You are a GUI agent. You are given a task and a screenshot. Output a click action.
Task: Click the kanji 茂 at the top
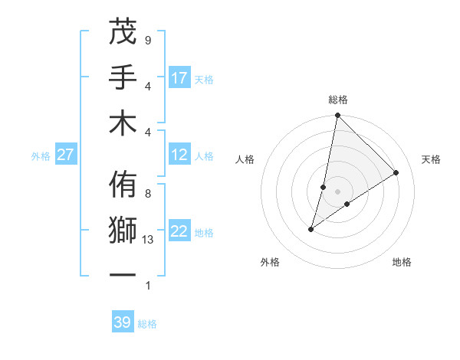pyautogui.click(x=122, y=33)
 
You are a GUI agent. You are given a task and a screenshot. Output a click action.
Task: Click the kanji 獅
pyautogui.click(x=122, y=230)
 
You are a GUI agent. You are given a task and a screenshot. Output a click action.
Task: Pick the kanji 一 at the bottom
pyautogui.click(x=122, y=274)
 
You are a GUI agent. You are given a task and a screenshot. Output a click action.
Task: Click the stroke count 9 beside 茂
pyautogui.click(x=148, y=40)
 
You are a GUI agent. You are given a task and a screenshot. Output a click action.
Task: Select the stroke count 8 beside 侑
pyautogui.click(x=148, y=194)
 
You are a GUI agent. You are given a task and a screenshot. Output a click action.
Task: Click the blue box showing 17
pyautogui.click(x=179, y=77)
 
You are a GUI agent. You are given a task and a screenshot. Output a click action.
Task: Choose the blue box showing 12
pyautogui.click(x=179, y=155)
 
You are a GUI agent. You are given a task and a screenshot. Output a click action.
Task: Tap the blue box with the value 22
pyautogui.click(x=179, y=231)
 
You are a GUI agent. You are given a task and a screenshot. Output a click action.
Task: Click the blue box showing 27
pyautogui.click(x=66, y=155)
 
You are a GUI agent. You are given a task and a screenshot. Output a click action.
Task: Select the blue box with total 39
pyautogui.click(x=123, y=322)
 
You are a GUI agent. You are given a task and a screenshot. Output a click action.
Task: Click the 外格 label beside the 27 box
pyautogui.click(x=41, y=155)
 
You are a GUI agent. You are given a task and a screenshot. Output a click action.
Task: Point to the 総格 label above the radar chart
pyautogui.click(x=337, y=100)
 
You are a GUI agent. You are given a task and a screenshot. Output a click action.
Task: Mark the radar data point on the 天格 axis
pyautogui.click(x=396, y=172)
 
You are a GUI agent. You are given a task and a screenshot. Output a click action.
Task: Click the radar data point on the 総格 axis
pyautogui.click(x=337, y=116)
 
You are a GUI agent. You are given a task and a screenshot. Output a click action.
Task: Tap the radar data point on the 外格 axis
pyautogui.click(x=310, y=229)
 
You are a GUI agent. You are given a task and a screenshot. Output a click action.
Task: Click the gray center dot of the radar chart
pyautogui.click(x=337, y=191)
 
